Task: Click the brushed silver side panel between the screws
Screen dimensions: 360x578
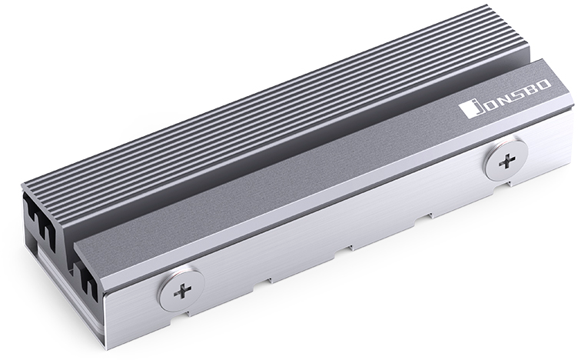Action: pos(346,231)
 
